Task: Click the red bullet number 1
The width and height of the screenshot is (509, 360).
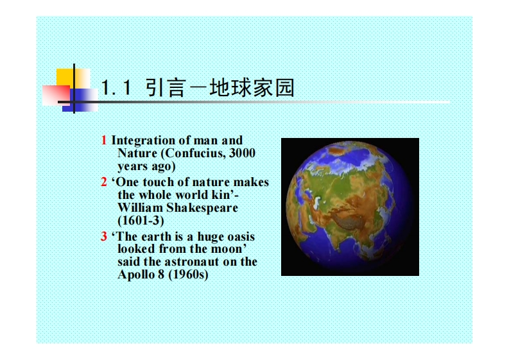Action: click(x=104, y=141)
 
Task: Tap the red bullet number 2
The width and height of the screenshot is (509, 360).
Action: click(x=104, y=182)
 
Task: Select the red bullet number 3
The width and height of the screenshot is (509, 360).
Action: click(x=104, y=236)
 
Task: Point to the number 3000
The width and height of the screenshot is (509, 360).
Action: click(x=242, y=153)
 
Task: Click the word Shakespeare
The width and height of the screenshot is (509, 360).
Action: click(x=202, y=208)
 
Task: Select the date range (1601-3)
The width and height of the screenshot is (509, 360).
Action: click(x=141, y=221)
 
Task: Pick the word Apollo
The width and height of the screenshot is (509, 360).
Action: click(x=136, y=274)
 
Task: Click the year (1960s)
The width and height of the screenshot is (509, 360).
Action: click(x=188, y=275)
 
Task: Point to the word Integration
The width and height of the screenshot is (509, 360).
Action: click(x=143, y=141)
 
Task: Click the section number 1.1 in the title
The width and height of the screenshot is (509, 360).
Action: click(x=116, y=88)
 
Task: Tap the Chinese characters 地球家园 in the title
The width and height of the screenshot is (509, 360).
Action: click(x=252, y=88)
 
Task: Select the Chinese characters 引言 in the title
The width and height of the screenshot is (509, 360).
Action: click(x=165, y=88)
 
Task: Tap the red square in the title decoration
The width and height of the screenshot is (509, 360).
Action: click(x=56, y=95)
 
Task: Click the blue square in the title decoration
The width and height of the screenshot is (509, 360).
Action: click(x=80, y=100)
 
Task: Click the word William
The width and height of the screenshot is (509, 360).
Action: click(x=140, y=208)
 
